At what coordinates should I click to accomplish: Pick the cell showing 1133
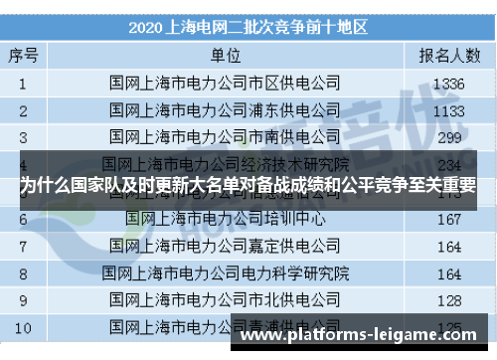pos(442,109)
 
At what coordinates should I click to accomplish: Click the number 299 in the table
pos(442,136)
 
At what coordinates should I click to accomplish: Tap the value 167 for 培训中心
pos(442,218)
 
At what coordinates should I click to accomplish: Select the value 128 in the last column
pos(442,299)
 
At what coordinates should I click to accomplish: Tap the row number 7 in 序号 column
pos(23,245)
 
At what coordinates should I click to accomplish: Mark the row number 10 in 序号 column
pos(23,326)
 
